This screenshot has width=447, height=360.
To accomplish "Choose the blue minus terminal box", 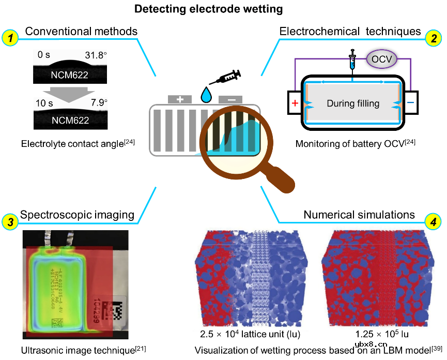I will pos(410,102).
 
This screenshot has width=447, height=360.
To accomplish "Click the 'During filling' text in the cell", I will pos(353,103).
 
